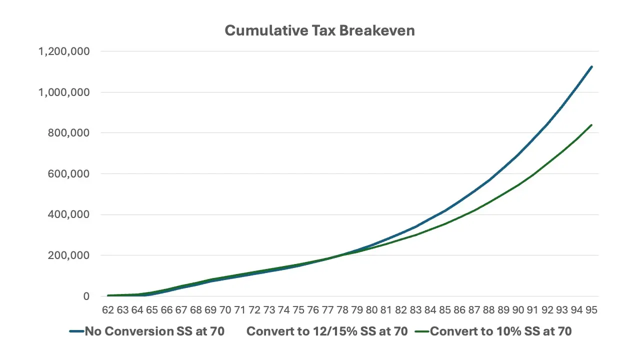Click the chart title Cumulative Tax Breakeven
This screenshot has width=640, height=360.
click(x=319, y=30)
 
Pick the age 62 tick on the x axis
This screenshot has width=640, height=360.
click(x=108, y=310)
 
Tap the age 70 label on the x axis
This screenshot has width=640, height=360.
click(x=225, y=310)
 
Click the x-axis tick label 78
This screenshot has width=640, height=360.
click(x=342, y=310)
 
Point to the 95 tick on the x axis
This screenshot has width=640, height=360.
click(x=591, y=310)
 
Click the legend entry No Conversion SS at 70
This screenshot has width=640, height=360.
click(x=154, y=331)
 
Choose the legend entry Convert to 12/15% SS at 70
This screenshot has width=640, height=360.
click(x=327, y=331)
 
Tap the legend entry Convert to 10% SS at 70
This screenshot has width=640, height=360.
click(x=500, y=331)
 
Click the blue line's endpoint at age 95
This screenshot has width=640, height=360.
click(x=591, y=66)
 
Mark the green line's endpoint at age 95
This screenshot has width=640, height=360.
click(x=591, y=125)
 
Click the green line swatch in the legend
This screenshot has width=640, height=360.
click(x=421, y=331)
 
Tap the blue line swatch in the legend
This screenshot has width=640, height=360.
click(x=76, y=331)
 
